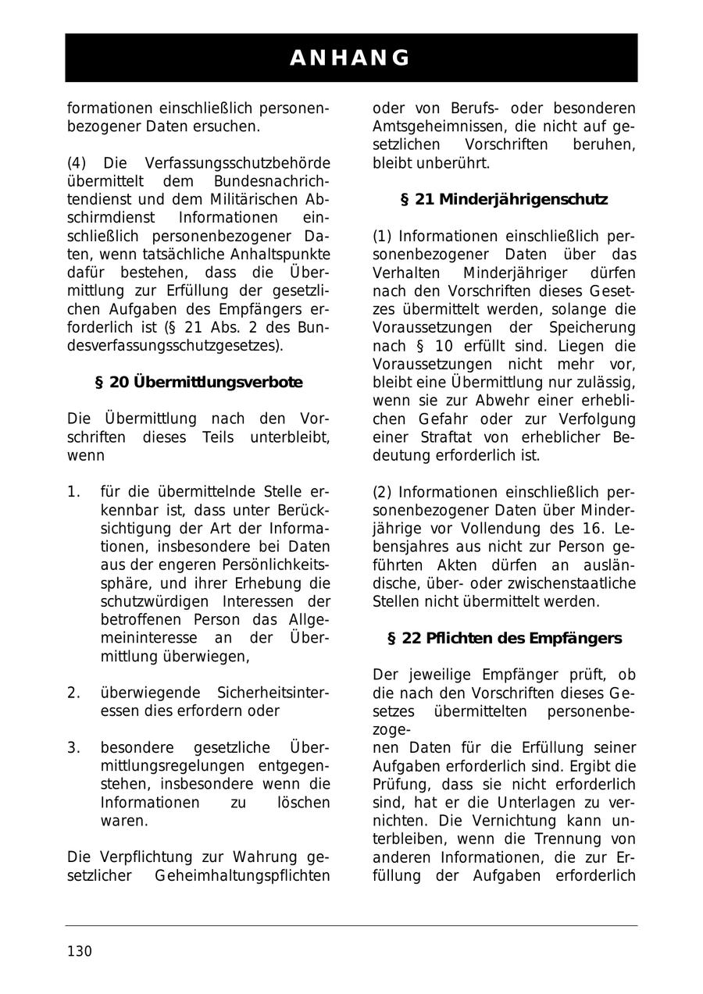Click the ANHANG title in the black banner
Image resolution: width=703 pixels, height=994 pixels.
click(x=351, y=58)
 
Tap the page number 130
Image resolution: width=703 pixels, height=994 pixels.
click(x=80, y=951)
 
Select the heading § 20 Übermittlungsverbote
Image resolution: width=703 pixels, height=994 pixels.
click(x=198, y=383)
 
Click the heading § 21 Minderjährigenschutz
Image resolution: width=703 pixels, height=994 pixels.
click(x=504, y=199)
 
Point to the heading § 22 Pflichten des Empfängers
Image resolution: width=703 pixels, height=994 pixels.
click(x=505, y=639)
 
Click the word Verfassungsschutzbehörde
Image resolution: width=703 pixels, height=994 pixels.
click(x=237, y=163)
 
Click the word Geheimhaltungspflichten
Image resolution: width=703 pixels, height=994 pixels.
click(x=242, y=876)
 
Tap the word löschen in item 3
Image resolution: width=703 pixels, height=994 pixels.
click(x=303, y=802)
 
